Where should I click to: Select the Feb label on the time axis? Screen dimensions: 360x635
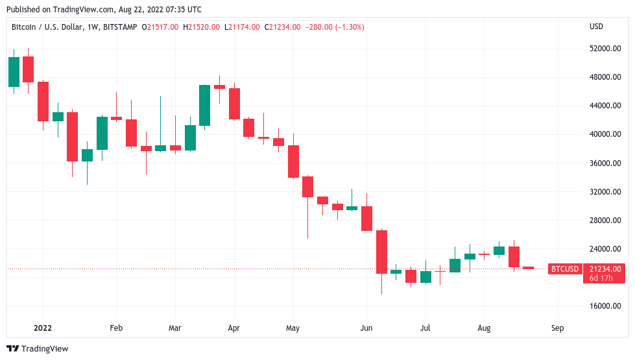pos(116,328)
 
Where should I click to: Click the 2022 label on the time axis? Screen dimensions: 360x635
pos(43,328)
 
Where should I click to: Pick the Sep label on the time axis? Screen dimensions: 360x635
pos(557,328)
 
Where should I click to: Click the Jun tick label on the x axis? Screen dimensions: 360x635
pos(367,328)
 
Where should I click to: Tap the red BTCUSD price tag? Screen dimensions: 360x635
pos(564,269)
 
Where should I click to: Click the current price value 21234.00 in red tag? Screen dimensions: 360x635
pos(605,269)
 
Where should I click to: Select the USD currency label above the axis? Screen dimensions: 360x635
pos(596,27)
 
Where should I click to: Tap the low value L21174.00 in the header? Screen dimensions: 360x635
pos(242,27)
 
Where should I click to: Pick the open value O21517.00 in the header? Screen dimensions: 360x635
pos(162,27)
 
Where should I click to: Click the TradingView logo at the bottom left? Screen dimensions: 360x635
pos(38,349)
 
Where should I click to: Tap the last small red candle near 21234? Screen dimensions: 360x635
pos(528,267)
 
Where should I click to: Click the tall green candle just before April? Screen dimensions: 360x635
pos(204,105)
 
